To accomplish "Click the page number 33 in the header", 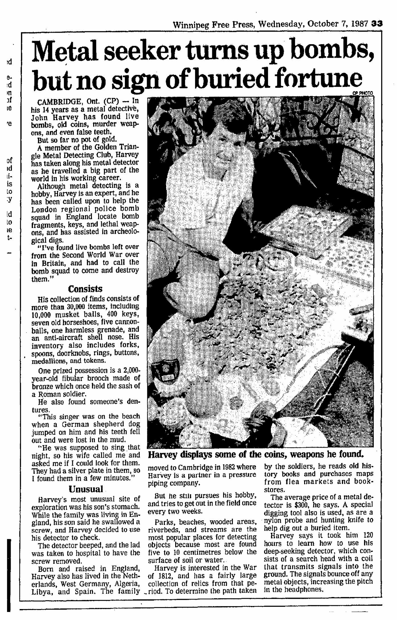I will point(376,24).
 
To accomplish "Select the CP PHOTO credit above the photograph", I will point(362,93).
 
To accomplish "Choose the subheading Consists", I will point(85,289).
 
